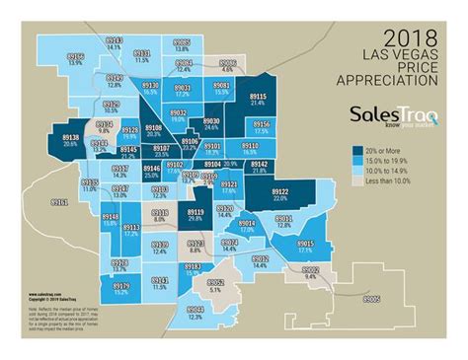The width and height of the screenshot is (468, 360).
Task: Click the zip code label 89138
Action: click(70, 138)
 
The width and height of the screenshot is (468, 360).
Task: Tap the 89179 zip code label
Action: click(121, 288)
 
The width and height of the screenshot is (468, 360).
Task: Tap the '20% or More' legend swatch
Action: click(355, 147)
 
